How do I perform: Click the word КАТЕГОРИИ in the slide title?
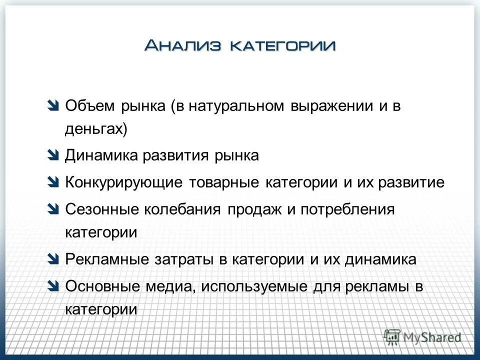pyautogui.click(x=282, y=46)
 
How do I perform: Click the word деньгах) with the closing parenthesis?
pyautogui.click(x=96, y=129)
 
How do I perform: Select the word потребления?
pyautogui.click(x=347, y=209)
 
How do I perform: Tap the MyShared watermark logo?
pyautogui.click(x=422, y=337)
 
